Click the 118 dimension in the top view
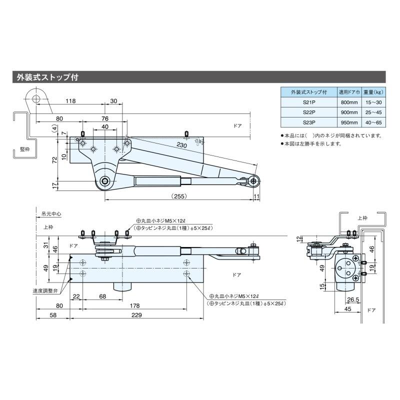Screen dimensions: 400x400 pos(70,101)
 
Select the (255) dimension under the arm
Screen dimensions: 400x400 pos(178,196)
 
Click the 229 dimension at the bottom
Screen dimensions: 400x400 pos(136,315)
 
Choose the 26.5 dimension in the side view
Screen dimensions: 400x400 pos(352,300)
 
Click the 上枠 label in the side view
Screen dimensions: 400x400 pos(362,218)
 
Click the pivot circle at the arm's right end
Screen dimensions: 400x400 pos(255,181)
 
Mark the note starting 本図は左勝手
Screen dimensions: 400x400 pos(312,143)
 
